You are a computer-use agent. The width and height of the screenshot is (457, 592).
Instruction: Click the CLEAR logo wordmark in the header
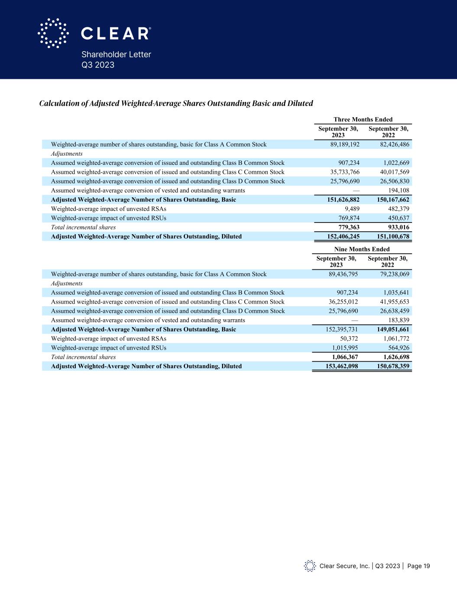click(116, 33)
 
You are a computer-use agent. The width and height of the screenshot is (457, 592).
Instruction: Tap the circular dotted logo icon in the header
click(53, 33)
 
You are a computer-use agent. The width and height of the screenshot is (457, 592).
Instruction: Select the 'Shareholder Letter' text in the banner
click(116, 55)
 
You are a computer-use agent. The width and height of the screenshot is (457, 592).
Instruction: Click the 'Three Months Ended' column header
click(363, 119)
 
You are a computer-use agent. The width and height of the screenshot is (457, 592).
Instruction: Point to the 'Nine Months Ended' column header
click(362, 249)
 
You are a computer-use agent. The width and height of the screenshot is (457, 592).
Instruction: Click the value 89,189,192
click(345, 144)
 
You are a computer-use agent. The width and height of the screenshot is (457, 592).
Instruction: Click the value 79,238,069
click(391, 274)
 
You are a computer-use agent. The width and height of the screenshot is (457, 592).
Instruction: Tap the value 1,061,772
click(393, 339)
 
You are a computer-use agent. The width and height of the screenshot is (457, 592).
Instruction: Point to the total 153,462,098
click(341, 366)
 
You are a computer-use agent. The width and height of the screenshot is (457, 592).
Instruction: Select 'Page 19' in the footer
click(418, 566)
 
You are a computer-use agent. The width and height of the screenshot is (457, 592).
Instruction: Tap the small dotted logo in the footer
click(310, 566)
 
